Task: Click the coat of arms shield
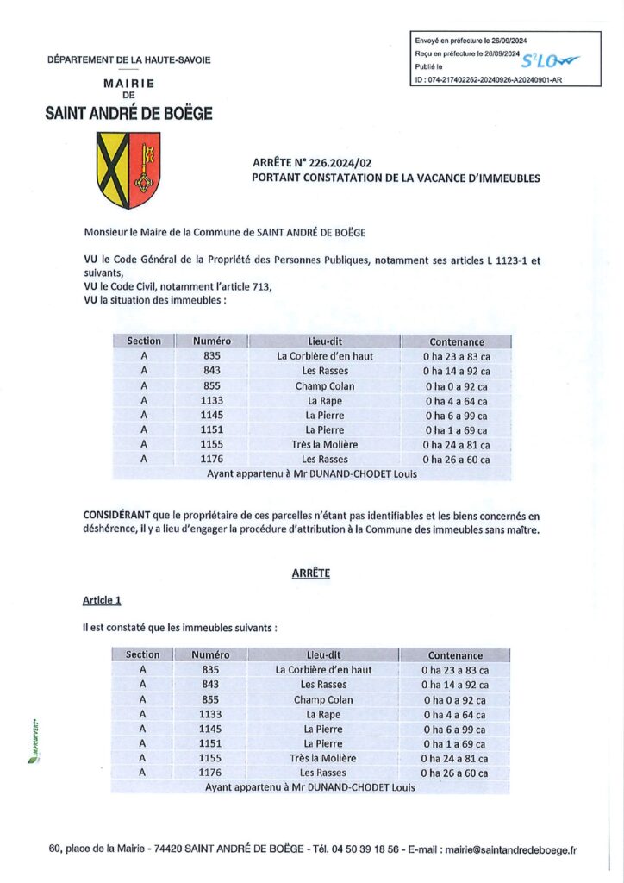pyautogui.click(x=128, y=170)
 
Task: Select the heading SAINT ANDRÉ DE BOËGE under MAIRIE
pyautogui.click(x=128, y=113)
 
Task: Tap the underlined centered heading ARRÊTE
pyautogui.click(x=311, y=573)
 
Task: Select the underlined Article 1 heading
pyautogui.click(x=102, y=599)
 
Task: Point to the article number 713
pyautogui.click(x=262, y=287)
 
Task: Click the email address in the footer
pyautogui.click(x=510, y=849)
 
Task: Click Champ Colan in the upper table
pyautogui.click(x=325, y=385)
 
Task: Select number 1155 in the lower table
pyautogui.click(x=210, y=758)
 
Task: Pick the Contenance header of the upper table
pyautogui.click(x=457, y=341)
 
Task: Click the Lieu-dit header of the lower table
pyautogui.click(x=323, y=654)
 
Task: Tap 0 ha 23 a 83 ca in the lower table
pyautogui.click(x=455, y=669)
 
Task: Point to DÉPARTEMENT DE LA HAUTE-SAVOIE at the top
pyautogui.click(x=129, y=59)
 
